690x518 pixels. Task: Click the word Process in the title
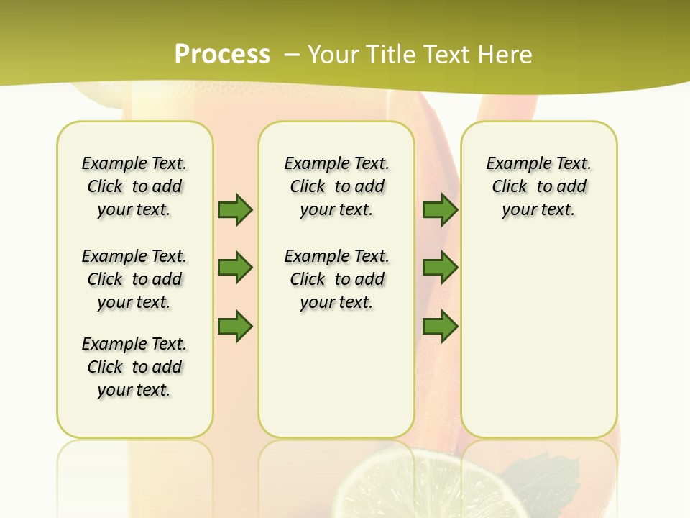click(222, 55)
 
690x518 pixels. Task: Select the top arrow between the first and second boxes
click(235, 209)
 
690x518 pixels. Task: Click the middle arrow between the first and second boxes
click(235, 268)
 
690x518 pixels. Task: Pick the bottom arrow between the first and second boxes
click(235, 327)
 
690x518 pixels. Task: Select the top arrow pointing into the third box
click(440, 209)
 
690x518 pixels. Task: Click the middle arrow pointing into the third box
click(440, 268)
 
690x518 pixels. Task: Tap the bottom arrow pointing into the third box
click(440, 327)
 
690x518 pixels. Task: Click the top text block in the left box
click(134, 186)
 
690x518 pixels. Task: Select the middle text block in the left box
click(134, 279)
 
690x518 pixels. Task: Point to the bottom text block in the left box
click(134, 367)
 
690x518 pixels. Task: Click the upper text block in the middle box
click(336, 186)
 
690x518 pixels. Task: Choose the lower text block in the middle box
click(336, 279)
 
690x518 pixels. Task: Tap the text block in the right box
click(539, 186)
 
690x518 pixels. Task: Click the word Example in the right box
click(512, 164)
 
